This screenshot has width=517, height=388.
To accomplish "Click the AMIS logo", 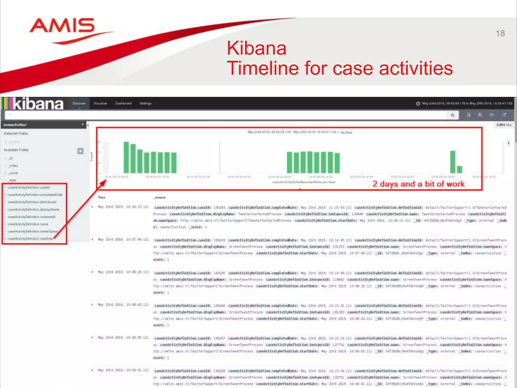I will coord(62,26).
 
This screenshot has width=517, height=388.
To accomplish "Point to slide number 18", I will coord(500,33).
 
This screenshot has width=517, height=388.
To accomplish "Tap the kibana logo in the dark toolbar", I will coord(38,104).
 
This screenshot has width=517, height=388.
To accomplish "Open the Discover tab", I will coord(79,103).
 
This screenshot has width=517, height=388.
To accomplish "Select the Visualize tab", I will coord(100,103).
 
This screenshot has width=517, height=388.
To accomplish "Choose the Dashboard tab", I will coord(123,103).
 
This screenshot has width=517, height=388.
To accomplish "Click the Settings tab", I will coord(145,103).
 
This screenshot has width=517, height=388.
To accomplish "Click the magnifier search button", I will coord(453,115).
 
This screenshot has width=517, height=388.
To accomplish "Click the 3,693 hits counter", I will coord(504,125).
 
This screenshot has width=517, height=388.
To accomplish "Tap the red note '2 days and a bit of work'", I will coord(418,184).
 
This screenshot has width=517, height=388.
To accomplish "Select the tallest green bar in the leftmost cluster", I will coord(126,157).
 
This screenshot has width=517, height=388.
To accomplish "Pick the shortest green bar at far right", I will coord(459,169).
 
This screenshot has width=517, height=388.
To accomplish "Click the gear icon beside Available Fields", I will coord(80,151).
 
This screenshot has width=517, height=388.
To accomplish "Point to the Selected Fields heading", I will coord(16,133).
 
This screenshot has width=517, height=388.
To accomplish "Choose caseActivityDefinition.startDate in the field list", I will coord(30,239).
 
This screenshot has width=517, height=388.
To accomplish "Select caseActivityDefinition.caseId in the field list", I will coord(29,187).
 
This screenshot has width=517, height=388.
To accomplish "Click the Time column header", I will coord(102,198).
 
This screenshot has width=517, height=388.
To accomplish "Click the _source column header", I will coord(160,198).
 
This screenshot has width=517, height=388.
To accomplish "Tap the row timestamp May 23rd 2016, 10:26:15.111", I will coord(123,207).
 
